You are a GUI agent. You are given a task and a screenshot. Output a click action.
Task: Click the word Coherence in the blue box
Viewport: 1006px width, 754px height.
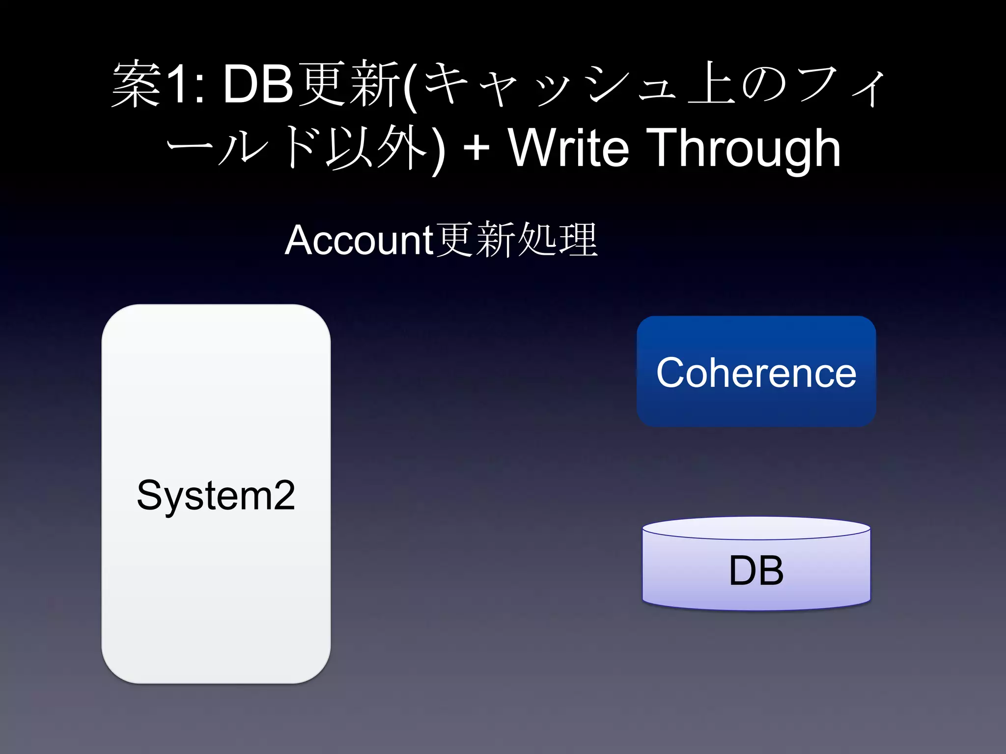(x=756, y=373)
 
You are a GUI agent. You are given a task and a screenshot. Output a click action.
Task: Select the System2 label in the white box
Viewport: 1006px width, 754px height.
(x=216, y=495)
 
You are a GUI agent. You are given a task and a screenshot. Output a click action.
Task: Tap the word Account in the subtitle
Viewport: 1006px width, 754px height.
(x=359, y=240)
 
